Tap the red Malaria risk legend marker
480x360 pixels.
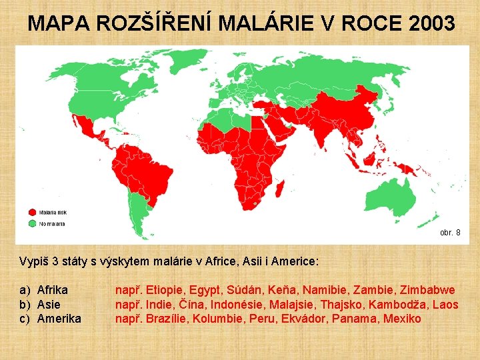pos(32,213)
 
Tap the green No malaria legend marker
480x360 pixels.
pos(32,223)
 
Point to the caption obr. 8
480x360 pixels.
pos(450,233)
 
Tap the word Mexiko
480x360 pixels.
pos(401,319)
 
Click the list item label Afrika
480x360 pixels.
pos(53,290)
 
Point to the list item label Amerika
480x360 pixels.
pos(59,319)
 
